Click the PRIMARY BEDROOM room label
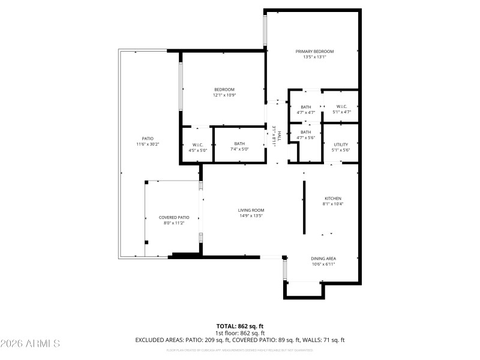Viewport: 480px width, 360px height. coord(314,52)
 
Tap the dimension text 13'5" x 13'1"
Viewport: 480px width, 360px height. coord(314,58)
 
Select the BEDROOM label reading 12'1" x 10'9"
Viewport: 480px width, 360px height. coord(224,89)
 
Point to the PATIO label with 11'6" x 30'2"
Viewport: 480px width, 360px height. coord(148,139)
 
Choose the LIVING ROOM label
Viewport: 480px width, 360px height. coord(251,210)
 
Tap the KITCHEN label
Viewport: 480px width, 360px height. coord(333,198)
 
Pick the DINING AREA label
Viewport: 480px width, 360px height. coord(323,258)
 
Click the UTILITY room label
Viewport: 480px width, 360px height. coord(341,145)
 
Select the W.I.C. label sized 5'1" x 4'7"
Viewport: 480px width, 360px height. coord(341,107)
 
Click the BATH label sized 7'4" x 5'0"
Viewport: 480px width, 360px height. coord(239,143)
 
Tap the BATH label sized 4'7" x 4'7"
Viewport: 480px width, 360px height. coord(306,107)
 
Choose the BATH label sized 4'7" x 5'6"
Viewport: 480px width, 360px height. coord(306,132)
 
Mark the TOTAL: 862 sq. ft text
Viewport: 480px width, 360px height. coord(239,326)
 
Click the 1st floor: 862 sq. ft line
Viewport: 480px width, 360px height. coord(239,333)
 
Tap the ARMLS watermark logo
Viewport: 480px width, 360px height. coord(30,344)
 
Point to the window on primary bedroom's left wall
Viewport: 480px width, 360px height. coord(265,30)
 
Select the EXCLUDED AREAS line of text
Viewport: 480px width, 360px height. coord(239,340)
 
